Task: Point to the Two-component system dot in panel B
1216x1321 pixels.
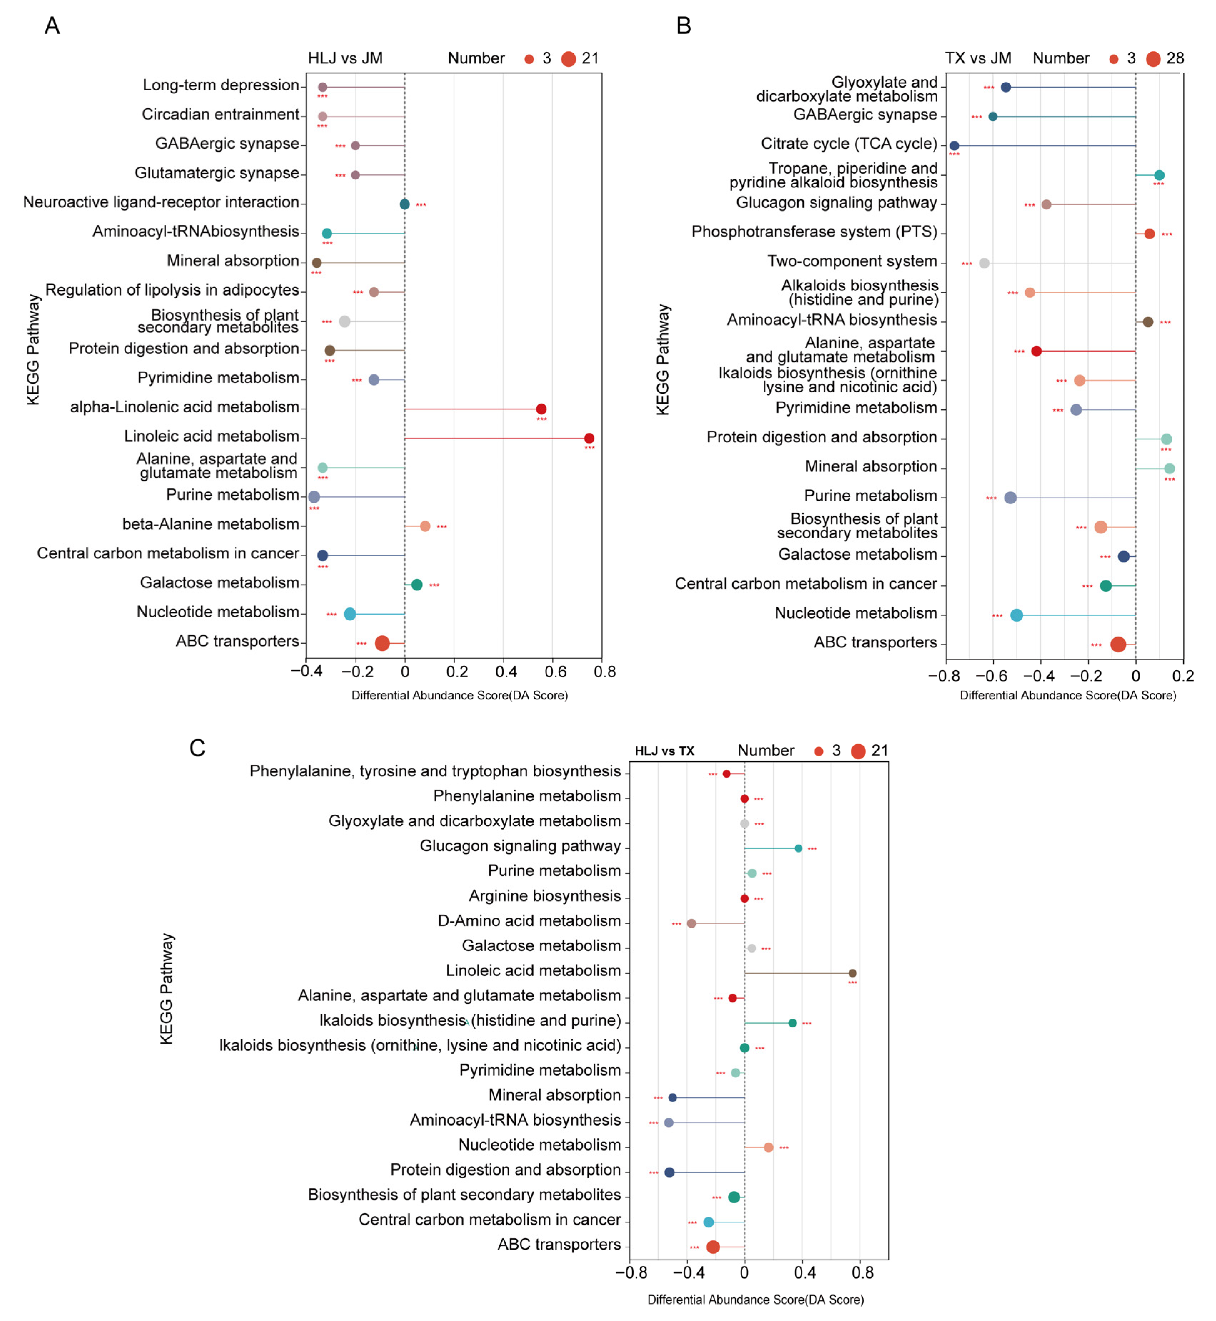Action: (984, 263)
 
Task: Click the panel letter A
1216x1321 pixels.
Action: (52, 26)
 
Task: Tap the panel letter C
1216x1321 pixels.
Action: (197, 748)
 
